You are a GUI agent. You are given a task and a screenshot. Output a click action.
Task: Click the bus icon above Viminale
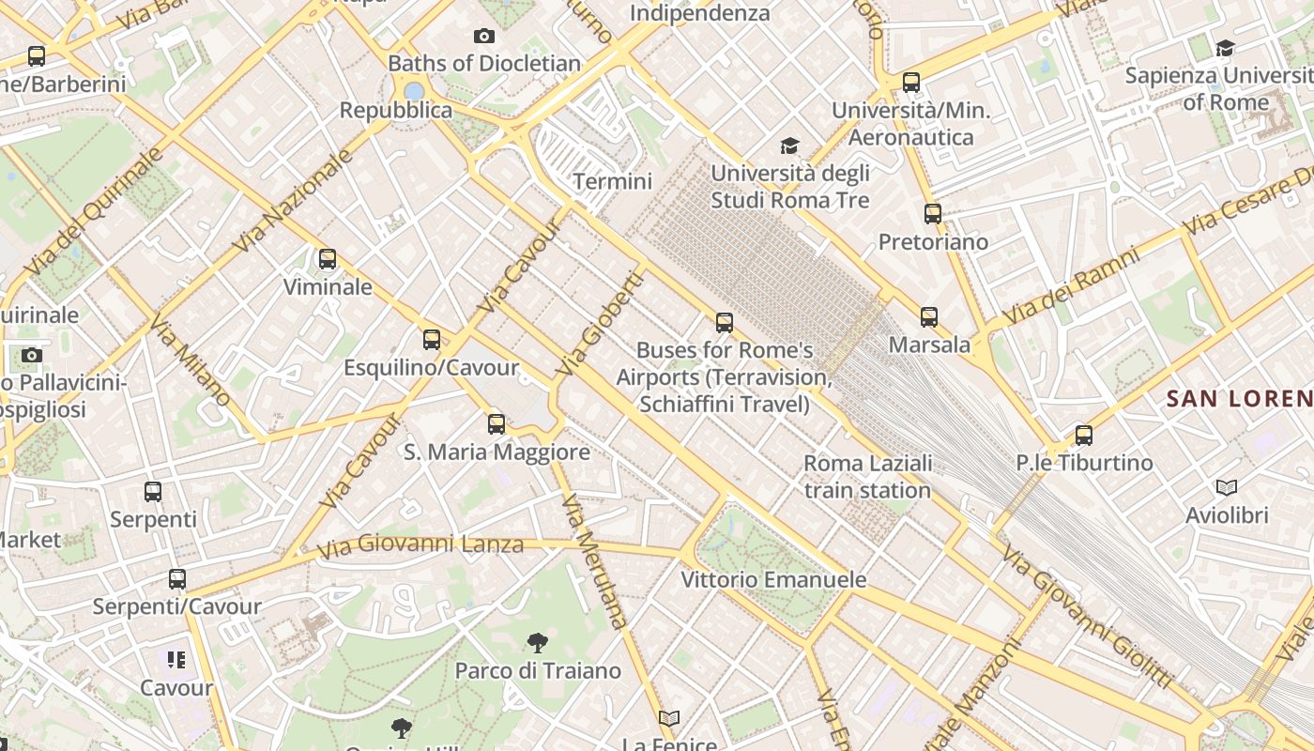click(328, 258)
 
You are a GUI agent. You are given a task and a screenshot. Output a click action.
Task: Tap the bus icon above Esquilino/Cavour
click(432, 339)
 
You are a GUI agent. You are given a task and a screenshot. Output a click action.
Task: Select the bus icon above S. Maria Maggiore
click(497, 423)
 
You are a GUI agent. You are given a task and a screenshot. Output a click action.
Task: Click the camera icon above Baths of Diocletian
click(484, 36)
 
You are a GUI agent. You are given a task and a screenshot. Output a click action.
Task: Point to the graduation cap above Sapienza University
click(1225, 47)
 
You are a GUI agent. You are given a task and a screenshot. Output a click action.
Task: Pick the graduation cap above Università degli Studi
click(790, 146)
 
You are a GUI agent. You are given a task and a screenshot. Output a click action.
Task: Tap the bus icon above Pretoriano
click(932, 213)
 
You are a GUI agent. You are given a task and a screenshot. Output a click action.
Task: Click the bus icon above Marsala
click(929, 316)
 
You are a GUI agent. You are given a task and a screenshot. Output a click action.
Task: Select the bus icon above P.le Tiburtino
click(1084, 435)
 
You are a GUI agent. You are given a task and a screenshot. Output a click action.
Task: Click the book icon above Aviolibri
click(1227, 487)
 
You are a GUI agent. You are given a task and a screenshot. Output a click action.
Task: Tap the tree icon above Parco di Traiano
click(538, 643)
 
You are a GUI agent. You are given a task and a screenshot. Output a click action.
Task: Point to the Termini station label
click(612, 181)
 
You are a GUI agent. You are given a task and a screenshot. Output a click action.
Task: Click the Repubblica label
click(396, 110)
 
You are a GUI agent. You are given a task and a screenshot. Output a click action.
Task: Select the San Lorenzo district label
click(1239, 398)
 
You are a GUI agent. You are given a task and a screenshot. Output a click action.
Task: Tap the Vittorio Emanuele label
click(773, 579)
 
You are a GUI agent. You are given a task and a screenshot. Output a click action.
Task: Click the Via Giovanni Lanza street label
click(420, 545)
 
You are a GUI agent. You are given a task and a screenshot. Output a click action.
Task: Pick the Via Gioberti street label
click(601, 324)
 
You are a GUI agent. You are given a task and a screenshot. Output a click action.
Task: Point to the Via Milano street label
click(190, 360)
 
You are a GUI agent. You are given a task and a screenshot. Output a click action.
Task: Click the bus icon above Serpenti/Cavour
click(177, 578)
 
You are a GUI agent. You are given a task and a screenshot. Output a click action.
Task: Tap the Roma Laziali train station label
click(867, 477)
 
